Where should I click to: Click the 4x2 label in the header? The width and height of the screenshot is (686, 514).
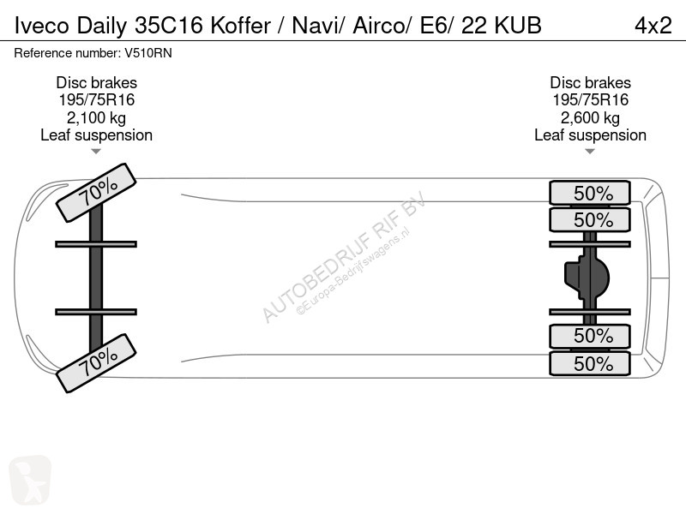point(653,26)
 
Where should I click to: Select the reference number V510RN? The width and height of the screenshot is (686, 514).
point(148,53)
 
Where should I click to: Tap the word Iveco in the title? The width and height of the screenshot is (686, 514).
point(41,26)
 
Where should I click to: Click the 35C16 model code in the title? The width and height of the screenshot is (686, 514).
point(168,26)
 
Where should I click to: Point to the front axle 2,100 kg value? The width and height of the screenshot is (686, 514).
point(96,118)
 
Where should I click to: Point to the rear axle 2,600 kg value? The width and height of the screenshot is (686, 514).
point(590,118)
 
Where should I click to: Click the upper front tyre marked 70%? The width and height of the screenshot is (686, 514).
point(96,192)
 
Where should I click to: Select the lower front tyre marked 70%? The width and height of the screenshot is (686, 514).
point(96,362)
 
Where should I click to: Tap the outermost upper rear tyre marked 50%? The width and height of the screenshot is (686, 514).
point(590,193)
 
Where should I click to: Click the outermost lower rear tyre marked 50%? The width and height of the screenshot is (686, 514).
point(590,363)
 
